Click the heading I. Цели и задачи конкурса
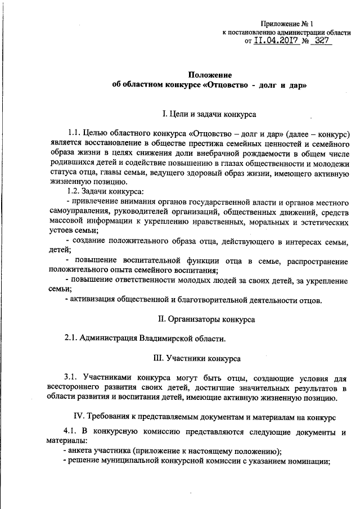click(x=209, y=115)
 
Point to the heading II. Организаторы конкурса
click(x=206, y=319)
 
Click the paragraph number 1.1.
click(x=73, y=134)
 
